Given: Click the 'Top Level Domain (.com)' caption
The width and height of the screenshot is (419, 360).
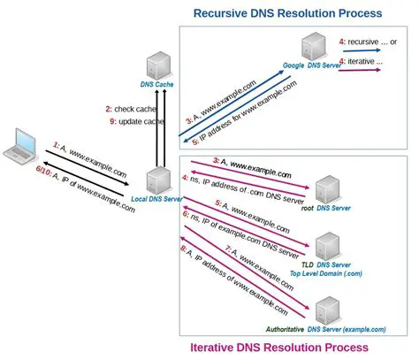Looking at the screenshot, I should pyautogui.click(x=328, y=275).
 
